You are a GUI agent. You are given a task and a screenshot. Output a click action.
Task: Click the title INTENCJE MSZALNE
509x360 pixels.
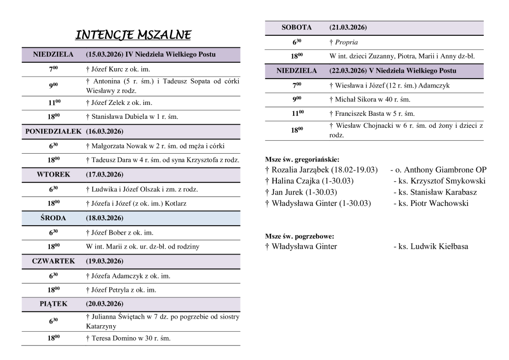(x=133, y=35)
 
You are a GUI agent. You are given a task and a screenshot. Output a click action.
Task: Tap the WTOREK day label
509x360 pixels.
(x=53, y=175)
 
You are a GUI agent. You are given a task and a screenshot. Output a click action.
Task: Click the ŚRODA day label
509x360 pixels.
(x=53, y=218)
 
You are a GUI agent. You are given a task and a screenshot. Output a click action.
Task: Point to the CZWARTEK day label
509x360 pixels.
(x=53, y=261)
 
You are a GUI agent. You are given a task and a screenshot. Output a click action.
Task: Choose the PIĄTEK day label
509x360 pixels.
(x=53, y=303)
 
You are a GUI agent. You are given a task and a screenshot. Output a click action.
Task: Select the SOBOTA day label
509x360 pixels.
(x=296, y=27)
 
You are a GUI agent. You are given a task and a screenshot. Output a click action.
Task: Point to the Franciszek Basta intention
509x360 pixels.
(x=372, y=113)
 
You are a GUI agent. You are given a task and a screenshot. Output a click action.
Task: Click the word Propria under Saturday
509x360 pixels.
(x=346, y=42)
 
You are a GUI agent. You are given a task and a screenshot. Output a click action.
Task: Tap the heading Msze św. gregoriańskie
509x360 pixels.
(x=302, y=160)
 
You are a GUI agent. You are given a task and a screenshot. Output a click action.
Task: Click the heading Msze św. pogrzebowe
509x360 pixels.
(x=299, y=236)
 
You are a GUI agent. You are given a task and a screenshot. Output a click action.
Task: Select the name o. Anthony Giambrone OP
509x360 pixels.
(x=438, y=170)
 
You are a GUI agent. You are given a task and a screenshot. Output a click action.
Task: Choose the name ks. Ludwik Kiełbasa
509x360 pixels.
(x=430, y=246)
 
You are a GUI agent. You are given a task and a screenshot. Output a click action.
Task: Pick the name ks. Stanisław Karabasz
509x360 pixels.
(x=435, y=192)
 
